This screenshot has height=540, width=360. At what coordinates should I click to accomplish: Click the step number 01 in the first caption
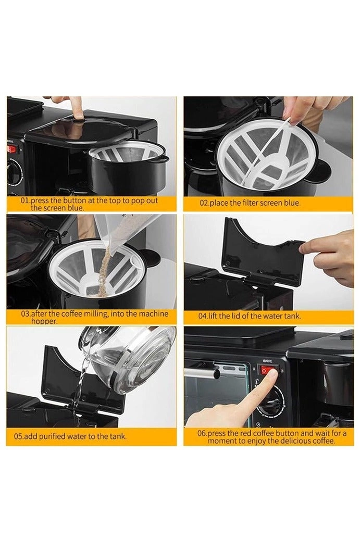pos(25,200)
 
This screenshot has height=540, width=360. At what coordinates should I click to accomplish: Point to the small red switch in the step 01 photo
pos(11,149)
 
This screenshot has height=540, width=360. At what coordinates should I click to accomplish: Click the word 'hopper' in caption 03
pos(42,321)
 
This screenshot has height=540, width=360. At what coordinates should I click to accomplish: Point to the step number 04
pos(203,316)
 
